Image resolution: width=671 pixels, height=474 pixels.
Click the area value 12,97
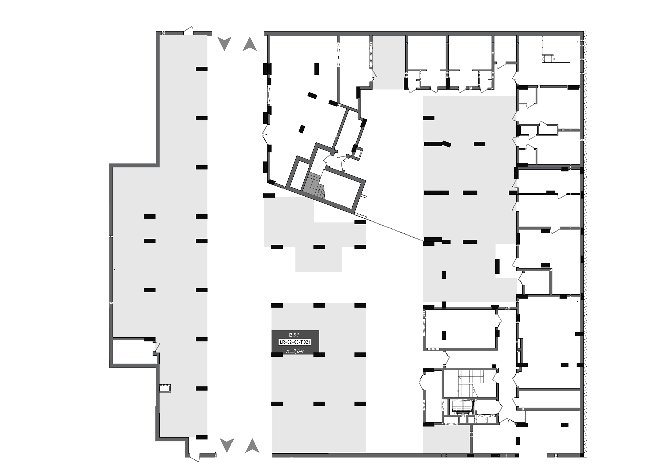pos(293,335)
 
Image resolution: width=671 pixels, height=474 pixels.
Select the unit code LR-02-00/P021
pos(295,342)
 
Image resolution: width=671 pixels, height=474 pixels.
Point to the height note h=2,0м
pos(295,351)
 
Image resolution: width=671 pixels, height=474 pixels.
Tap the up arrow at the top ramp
pos(250,44)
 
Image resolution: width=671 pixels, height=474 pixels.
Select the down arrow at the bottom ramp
pos(227,446)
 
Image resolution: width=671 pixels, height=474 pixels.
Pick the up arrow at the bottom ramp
pos(252,446)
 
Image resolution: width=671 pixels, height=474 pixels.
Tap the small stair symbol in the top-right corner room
pos(548,59)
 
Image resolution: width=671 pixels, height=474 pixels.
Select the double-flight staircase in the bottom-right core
pos(469,383)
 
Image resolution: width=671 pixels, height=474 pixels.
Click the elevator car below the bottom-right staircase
pos(462,406)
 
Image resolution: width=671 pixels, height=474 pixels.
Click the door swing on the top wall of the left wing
pos(188,31)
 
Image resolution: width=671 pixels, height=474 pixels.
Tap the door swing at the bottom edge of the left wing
pos(194,457)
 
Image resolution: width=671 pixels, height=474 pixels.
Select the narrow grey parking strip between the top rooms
pos(389,62)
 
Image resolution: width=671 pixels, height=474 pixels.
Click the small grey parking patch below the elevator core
pos(446,439)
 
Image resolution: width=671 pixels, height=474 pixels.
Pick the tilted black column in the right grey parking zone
pos(446,144)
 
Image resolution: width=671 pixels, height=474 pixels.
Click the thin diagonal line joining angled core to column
pos(395,229)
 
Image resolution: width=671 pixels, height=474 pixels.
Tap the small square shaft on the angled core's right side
pos(358,153)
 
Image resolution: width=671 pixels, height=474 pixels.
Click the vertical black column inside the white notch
pos(497,266)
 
